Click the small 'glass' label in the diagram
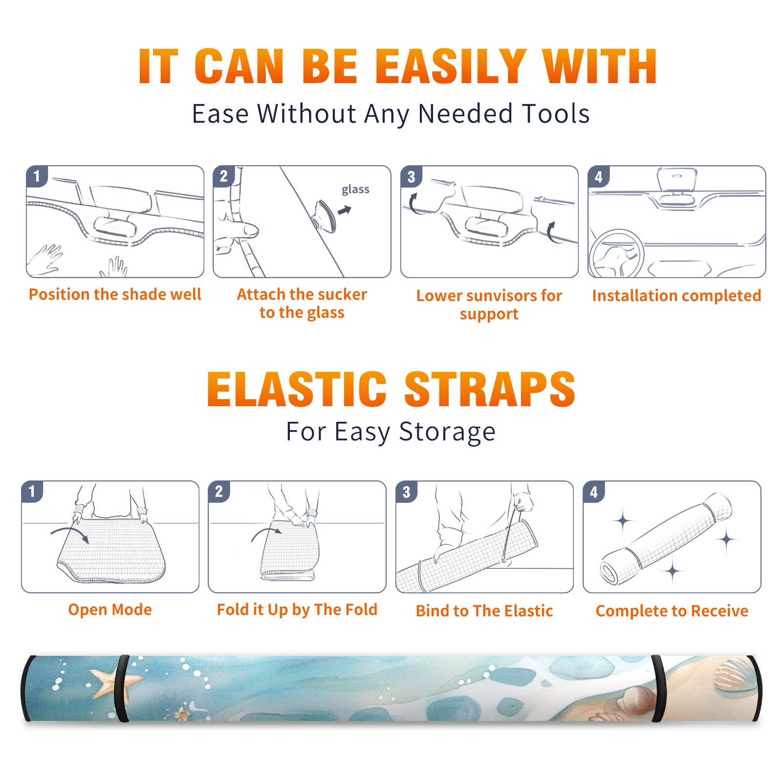355,190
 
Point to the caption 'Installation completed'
676,295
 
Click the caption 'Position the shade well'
115,294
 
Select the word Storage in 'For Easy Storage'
447,432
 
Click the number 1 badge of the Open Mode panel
32,491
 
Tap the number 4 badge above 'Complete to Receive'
594,492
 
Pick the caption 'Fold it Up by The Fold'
297,609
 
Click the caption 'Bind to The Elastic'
484,611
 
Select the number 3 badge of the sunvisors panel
411,176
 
